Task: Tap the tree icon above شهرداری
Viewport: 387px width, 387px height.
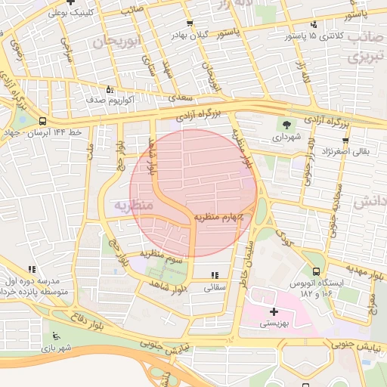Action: click(x=287, y=125)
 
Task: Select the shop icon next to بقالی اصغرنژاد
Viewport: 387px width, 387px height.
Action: click(x=345, y=140)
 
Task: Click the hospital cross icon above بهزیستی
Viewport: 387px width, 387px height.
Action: click(x=274, y=311)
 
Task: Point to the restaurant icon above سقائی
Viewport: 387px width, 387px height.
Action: click(x=215, y=275)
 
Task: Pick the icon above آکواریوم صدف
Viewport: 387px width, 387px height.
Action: click(x=110, y=88)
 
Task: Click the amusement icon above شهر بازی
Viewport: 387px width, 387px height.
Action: click(x=54, y=336)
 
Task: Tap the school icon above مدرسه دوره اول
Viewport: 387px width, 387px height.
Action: click(x=32, y=269)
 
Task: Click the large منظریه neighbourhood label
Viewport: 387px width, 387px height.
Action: click(x=133, y=205)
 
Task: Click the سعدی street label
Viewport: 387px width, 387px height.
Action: click(x=181, y=98)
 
